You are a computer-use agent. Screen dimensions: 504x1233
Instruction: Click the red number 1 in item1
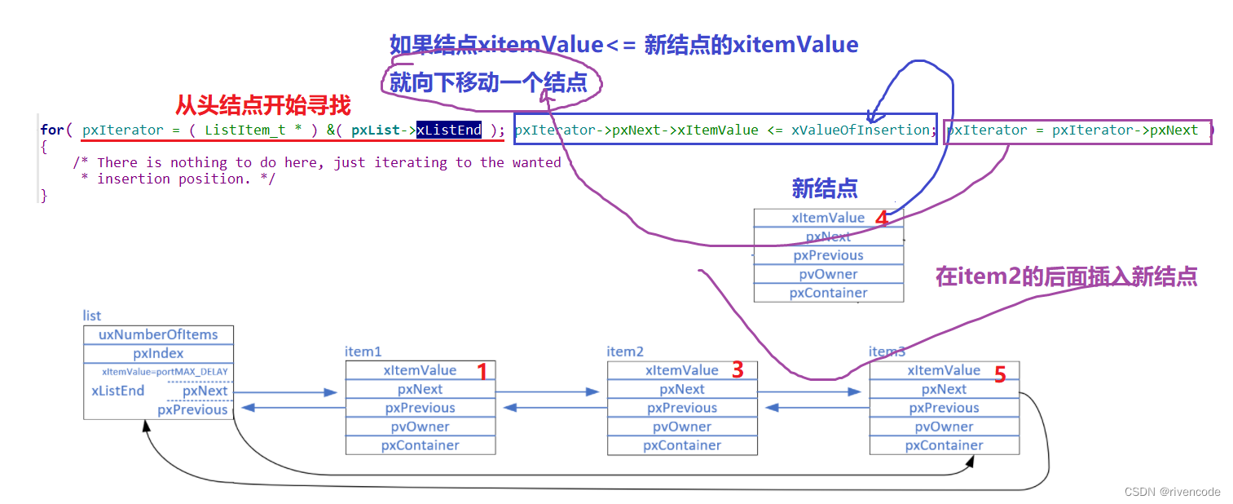tap(482, 372)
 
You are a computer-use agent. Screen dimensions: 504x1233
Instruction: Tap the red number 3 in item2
tap(738, 370)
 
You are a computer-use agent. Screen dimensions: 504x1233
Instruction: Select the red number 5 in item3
tap(1000, 374)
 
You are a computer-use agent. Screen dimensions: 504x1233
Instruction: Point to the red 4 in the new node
tap(881, 219)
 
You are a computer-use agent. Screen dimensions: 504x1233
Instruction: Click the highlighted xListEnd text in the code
tap(449, 130)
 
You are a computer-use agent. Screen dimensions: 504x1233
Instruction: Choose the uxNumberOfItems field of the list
tap(158, 334)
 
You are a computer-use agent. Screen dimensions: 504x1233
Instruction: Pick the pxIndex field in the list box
tap(158, 354)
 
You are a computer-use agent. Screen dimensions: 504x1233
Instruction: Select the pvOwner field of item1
tap(420, 427)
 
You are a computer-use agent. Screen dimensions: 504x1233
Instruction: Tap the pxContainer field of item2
tap(682, 445)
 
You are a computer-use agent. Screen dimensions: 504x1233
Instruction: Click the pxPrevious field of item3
tap(944, 408)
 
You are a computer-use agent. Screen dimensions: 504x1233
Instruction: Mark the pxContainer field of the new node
tap(828, 293)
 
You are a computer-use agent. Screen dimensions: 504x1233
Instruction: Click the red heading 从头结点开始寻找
tap(263, 105)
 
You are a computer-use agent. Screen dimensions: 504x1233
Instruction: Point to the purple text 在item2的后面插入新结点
tap(1066, 276)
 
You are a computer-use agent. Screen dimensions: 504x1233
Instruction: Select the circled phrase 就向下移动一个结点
tap(488, 82)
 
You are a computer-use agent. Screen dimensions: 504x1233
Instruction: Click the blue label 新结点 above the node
tap(824, 189)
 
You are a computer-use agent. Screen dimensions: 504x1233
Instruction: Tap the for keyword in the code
tap(51, 130)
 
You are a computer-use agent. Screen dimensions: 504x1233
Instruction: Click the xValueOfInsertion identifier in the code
tap(861, 130)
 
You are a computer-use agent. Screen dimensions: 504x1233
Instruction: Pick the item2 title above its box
tap(625, 351)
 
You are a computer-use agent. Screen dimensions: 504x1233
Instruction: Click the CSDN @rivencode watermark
tap(1172, 492)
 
